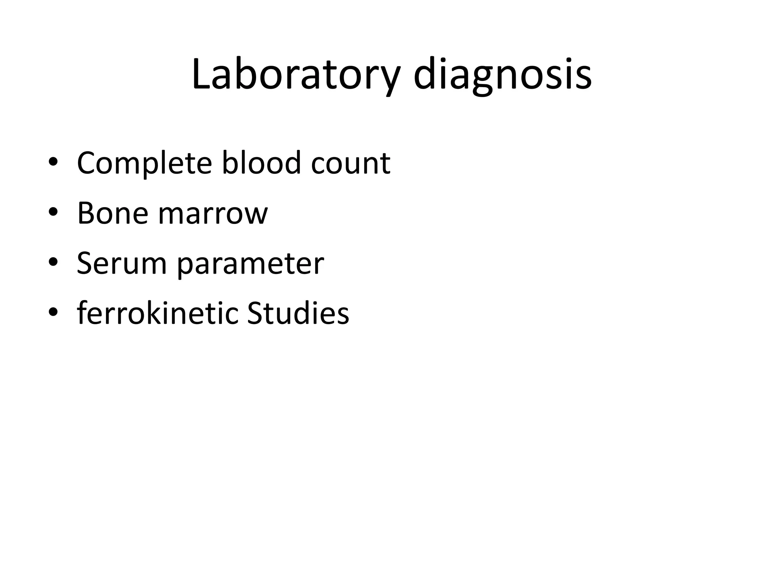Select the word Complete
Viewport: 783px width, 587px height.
click(x=145, y=163)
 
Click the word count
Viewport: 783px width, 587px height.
click(x=351, y=163)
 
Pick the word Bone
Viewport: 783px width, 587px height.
click(x=113, y=213)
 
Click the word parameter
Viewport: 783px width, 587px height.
click(x=250, y=264)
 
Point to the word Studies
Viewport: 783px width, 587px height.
click(x=298, y=313)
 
